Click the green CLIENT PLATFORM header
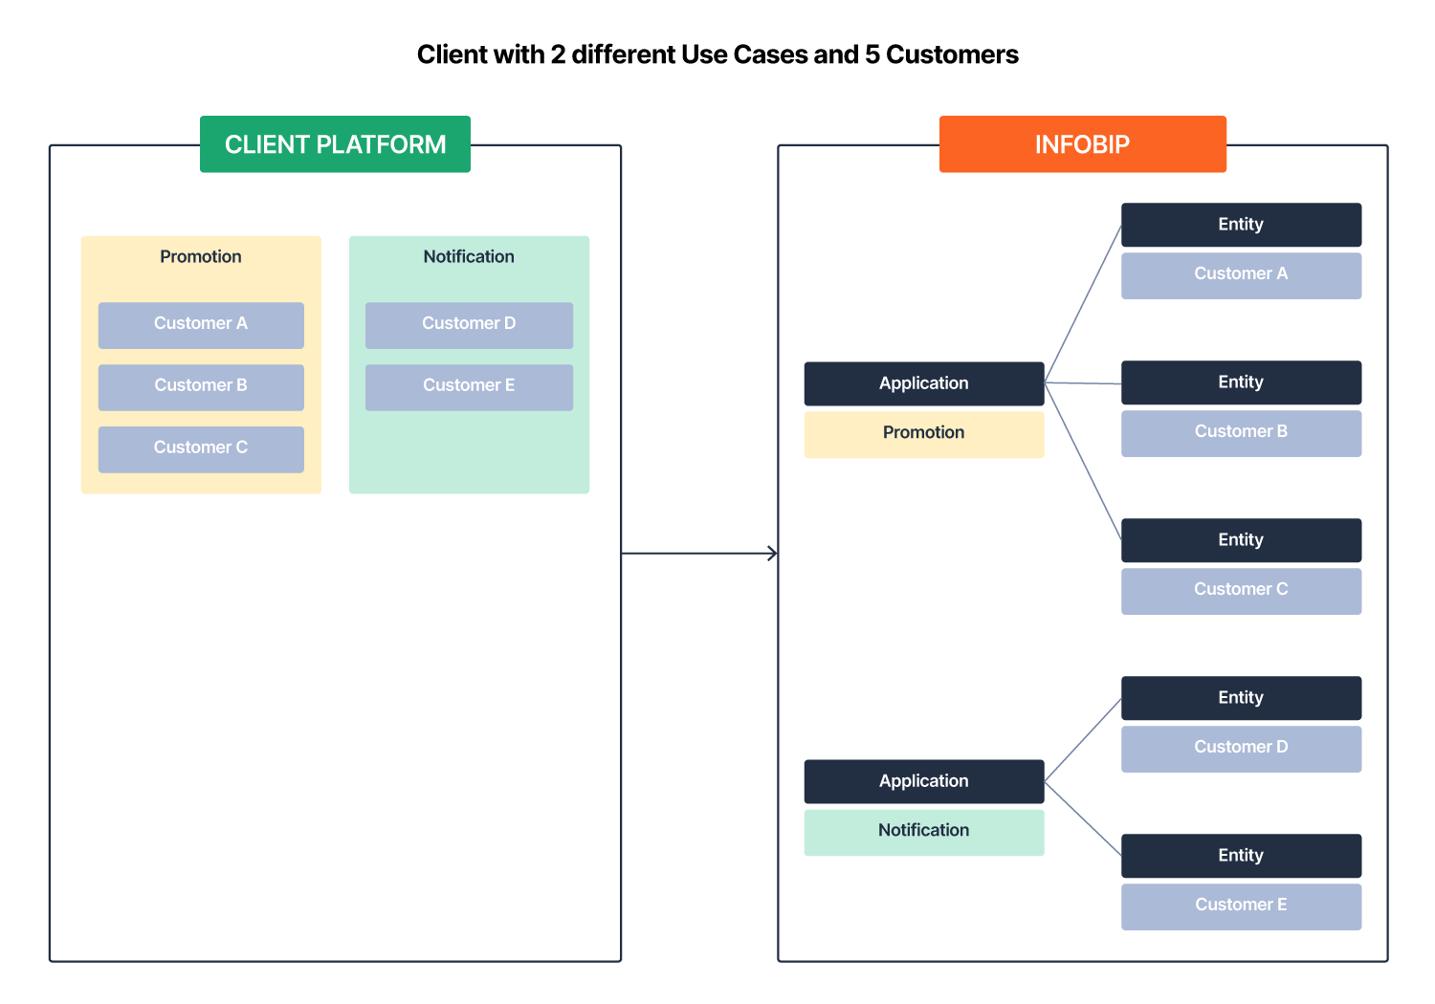click(x=335, y=144)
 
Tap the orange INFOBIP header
click(x=1082, y=144)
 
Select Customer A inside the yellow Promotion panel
click(x=201, y=324)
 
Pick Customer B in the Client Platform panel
click(x=201, y=386)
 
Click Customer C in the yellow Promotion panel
click(x=201, y=448)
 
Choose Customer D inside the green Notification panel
click(x=469, y=324)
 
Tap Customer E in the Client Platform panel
click(x=469, y=386)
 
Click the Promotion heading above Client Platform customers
click(x=201, y=256)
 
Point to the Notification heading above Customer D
click(x=469, y=256)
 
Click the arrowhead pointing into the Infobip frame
click(x=773, y=553)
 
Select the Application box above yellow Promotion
click(x=923, y=383)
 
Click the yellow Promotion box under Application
click(x=923, y=434)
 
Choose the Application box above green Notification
click(x=923, y=781)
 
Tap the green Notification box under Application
click(x=923, y=832)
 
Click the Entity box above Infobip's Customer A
click(x=1241, y=225)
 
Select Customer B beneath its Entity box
click(x=1241, y=432)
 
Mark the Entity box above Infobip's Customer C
click(x=1241, y=540)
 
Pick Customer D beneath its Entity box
click(x=1241, y=748)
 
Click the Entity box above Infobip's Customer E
click(x=1241, y=856)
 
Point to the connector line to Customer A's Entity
click(x=1083, y=303)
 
